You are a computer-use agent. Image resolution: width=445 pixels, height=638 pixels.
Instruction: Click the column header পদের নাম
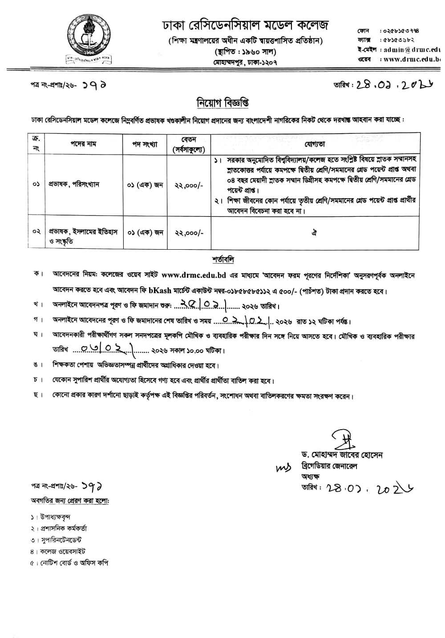[83, 144]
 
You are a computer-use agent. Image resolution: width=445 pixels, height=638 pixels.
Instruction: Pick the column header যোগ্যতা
[315, 144]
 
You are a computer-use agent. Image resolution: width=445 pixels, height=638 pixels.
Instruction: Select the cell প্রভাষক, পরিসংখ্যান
[74, 184]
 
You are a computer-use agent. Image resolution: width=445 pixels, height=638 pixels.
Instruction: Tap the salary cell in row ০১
[189, 184]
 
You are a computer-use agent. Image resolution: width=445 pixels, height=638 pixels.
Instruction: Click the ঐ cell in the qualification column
[315, 232]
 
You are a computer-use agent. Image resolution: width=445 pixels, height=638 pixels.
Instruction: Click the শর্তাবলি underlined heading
[223, 259]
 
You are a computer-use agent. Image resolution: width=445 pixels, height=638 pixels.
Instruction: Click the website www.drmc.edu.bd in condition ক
[192, 275]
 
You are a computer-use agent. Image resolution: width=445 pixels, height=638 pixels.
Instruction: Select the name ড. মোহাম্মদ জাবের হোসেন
[341, 455]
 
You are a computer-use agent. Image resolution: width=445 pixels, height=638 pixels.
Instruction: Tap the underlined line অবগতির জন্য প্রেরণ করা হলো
[70, 500]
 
